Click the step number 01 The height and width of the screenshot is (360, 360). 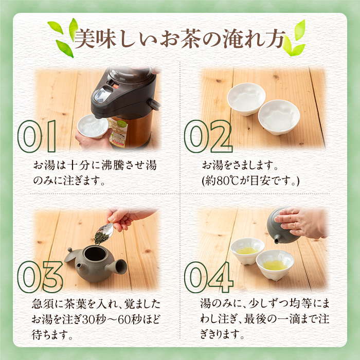click(37, 136)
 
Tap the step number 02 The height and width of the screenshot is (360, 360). click(208, 136)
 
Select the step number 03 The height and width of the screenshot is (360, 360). click(40, 277)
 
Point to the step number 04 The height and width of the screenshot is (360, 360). click(209, 277)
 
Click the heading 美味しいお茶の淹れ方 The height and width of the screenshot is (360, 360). click(180, 39)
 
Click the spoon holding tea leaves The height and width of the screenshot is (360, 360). click(104, 233)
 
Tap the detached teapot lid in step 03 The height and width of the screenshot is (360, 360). click(73, 255)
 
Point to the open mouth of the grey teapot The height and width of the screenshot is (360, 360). click(95, 254)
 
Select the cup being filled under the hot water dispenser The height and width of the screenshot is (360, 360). click(93, 126)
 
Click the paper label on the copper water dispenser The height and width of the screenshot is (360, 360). click(118, 133)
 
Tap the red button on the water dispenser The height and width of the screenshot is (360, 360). click(115, 86)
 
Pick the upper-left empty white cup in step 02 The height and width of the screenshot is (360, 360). click(246, 99)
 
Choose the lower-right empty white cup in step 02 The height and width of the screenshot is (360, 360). click(279, 117)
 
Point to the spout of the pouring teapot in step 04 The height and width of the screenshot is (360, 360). click(276, 240)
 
